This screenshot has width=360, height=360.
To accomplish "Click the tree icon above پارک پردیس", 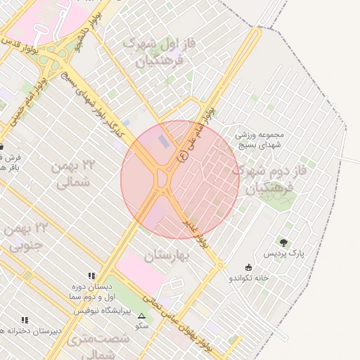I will [x=283, y=243].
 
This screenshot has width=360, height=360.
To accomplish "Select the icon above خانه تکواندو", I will [x=247, y=267].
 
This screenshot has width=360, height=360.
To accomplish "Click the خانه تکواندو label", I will [x=248, y=278].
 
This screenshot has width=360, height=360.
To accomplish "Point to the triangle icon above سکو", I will [x=142, y=316].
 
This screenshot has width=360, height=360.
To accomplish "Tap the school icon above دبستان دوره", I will [x=91, y=276].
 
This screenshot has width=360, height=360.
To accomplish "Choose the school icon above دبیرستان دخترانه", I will [x=25, y=320].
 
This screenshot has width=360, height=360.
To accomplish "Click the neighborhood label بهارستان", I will [x=168, y=257].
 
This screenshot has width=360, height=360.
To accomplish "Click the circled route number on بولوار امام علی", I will [x=183, y=157].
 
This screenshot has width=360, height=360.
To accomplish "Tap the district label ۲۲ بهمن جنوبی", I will [x=25, y=236].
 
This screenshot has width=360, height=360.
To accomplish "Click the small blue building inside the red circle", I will [x=163, y=141].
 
